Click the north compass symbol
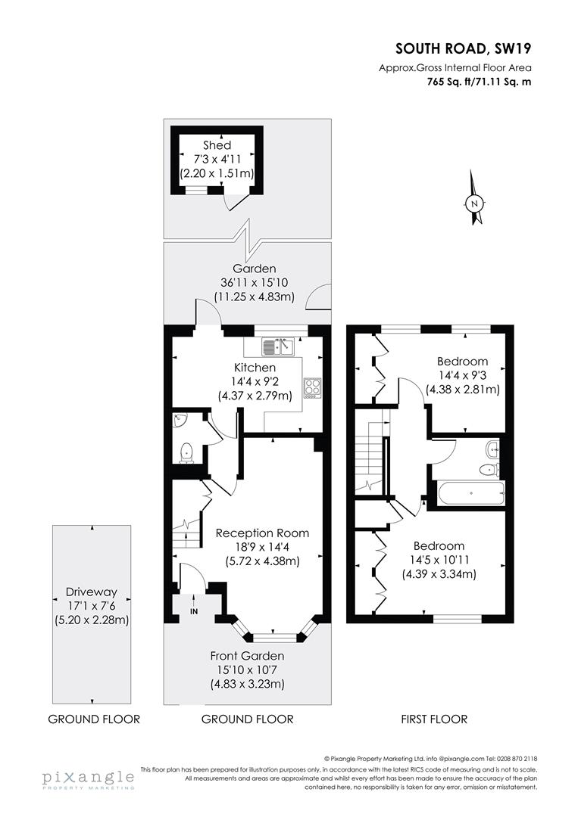(x=474, y=202)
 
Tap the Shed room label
(x=217, y=144)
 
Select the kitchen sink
(x=278, y=346)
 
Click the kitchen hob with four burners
(x=311, y=387)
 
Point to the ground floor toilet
(x=186, y=452)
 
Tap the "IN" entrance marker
(x=193, y=611)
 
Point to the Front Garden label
(x=248, y=656)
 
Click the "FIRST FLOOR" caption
(x=434, y=719)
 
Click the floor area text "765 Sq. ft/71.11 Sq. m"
(x=478, y=82)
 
